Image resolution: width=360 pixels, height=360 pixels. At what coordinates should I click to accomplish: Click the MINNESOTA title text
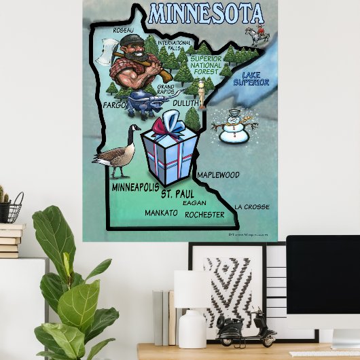205,14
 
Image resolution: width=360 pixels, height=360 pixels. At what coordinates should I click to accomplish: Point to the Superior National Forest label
206,65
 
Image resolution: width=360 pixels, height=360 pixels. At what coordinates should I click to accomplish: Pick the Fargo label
114,106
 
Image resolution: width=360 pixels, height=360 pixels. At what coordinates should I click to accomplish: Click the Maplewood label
218,175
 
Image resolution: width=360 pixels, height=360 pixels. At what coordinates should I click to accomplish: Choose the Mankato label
161,213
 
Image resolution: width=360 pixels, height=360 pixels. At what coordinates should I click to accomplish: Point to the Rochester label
204,215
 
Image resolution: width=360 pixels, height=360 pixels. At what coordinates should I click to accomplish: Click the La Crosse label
251,206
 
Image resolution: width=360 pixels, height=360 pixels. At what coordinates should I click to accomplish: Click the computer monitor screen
323,281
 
